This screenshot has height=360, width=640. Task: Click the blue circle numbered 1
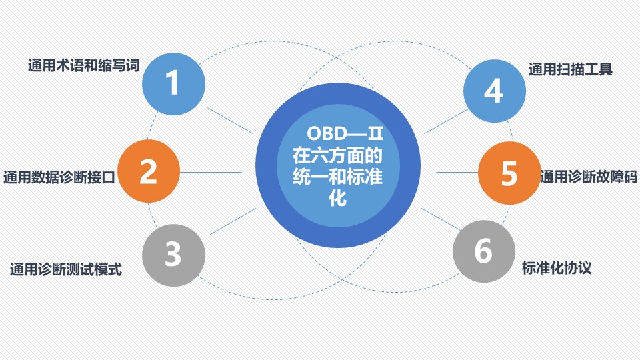(x=173, y=84)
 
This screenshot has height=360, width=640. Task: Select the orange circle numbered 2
(x=149, y=171)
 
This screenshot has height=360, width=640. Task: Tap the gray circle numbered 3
(x=173, y=255)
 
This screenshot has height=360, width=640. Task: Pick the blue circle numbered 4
(x=494, y=91)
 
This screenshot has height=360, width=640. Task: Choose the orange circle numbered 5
(x=509, y=173)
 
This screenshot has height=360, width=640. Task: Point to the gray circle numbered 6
(x=484, y=251)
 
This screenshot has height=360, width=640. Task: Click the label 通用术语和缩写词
(x=84, y=65)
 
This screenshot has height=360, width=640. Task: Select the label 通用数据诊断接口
(x=59, y=177)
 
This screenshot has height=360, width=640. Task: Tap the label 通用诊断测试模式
(x=66, y=269)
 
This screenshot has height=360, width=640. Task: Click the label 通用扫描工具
(x=571, y=69)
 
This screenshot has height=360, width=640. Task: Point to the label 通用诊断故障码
(x=589, y=177)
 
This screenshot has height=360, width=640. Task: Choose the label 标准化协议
(x=557, y=268)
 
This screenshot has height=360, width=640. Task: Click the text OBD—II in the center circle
(x=345, y=133)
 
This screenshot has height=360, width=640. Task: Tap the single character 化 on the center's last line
(x=338, y=198)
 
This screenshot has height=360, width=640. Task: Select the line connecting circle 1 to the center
(x=230, y=121)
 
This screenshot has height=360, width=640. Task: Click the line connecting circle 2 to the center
(x=211, y=172)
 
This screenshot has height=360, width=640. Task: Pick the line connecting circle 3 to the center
(x=233, y=221)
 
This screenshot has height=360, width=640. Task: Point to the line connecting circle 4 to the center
(x=447, y=121)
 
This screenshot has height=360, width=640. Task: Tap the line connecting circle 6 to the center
(x=441, y=219)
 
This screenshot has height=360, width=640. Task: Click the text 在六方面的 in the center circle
(x=337, y=155)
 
